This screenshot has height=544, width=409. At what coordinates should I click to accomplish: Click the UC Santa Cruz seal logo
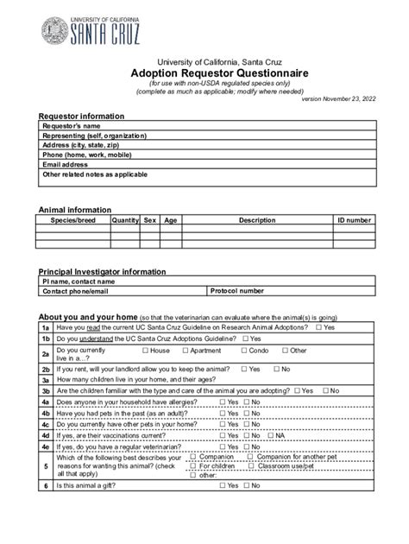[56, 31]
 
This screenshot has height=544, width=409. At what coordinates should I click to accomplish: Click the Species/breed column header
[72, 220]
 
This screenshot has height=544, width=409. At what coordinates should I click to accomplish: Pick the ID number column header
[354, 220]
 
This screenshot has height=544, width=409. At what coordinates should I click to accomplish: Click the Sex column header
[150, 220]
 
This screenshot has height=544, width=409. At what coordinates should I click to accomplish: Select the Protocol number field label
[237, 291]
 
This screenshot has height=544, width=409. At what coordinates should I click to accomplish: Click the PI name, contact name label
[79, 281]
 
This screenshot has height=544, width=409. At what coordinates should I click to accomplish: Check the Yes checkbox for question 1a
[319, 328]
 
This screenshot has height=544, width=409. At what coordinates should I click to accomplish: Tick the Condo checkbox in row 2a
[245, 351]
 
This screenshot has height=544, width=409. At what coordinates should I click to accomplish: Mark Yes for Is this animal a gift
[222, 509]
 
